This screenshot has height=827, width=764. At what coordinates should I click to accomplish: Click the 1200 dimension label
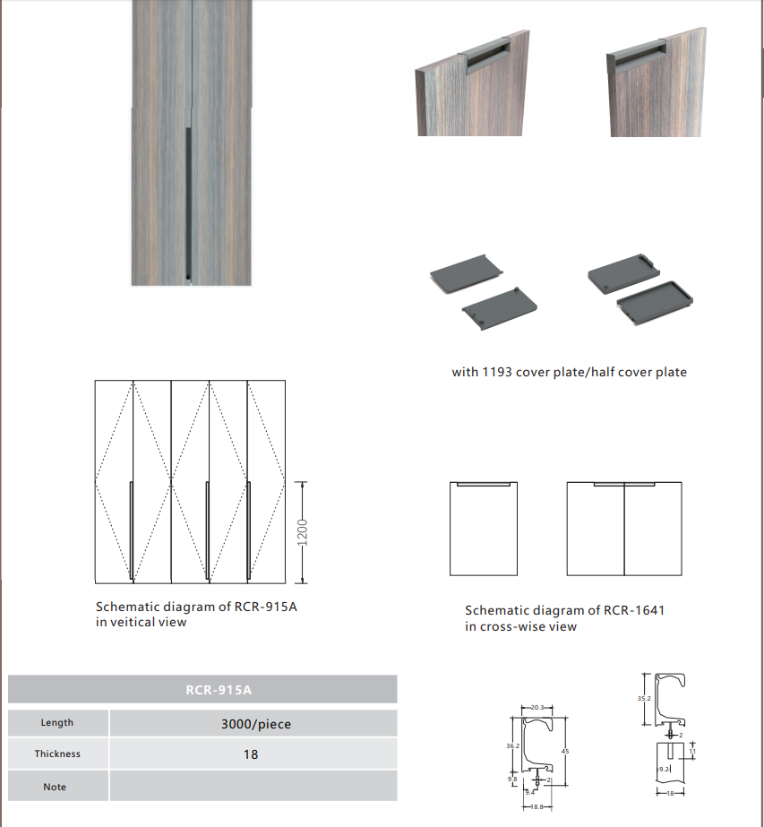(303, 531)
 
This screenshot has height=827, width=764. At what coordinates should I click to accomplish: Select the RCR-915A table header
(202, 689)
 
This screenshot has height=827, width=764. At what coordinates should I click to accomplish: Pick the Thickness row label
(57, 754)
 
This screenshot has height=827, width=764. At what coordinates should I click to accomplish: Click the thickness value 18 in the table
(251, 754)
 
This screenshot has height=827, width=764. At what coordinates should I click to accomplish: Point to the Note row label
(55, 787)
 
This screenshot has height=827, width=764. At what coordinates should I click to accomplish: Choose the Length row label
(57, 722)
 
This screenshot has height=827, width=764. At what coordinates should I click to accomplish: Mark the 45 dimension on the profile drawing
(565, 751)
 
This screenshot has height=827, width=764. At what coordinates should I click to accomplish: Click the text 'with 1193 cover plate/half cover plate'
(569, 372)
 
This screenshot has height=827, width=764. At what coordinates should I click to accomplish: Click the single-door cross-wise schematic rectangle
(484, 529)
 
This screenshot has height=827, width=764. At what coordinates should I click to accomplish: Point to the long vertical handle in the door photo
(186, 201)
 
